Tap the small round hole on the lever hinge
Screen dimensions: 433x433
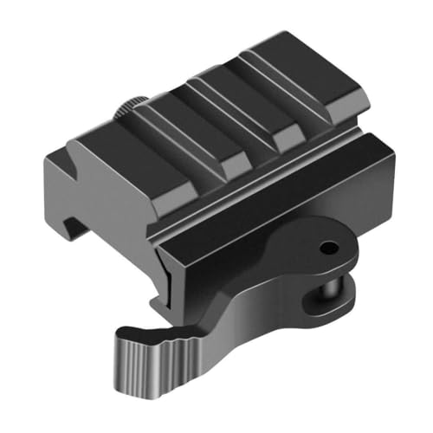click(328, 248)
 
